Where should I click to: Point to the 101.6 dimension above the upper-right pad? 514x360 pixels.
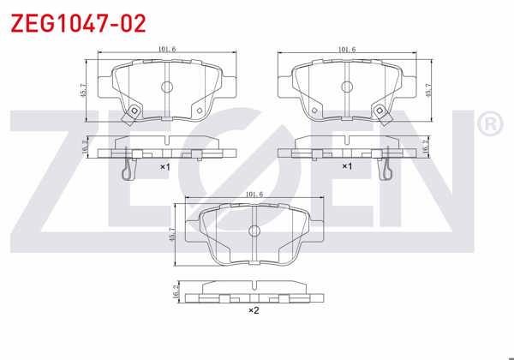pos(347,50)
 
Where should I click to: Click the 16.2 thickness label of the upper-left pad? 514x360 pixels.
pos(83,147)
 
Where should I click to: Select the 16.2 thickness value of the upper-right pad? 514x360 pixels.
pos(426,147)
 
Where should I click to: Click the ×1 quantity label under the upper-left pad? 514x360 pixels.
pos(165,166)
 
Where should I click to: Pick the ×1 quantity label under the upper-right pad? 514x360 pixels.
pos(347,166)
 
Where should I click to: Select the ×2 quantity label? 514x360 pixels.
pos(253,310)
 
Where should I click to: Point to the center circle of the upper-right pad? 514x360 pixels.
pos(347,87)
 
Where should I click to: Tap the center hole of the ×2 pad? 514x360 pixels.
pos(254,231)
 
